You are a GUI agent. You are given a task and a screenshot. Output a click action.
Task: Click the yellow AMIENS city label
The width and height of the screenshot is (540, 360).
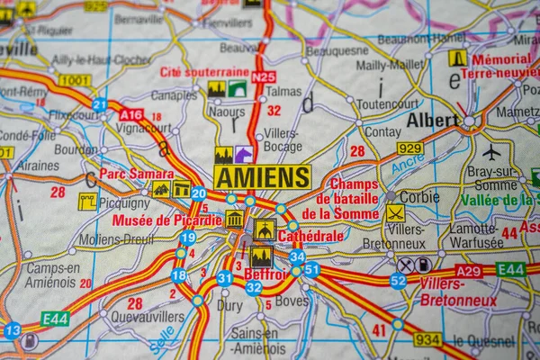[x=263, y=176]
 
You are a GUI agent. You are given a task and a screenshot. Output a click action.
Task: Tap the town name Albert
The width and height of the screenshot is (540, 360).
[x=432, y=120]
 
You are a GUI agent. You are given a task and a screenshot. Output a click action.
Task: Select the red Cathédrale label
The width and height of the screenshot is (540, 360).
[x=311, y=236]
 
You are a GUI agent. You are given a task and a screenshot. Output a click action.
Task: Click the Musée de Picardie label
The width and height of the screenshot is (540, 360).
[x=167, y=220]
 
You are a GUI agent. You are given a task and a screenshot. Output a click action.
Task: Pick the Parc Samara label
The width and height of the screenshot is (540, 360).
[x=137, y=174]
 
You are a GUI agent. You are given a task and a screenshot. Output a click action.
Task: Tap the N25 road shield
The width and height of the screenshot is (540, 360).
[x=263, y=77]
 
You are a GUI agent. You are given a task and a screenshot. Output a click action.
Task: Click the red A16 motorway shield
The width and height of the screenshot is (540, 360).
[x=130, y=114]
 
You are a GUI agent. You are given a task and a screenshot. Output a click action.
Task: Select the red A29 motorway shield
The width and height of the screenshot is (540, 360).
[x=468, y=270]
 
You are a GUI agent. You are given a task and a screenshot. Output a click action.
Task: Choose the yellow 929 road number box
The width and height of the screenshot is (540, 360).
[x=409, y=148]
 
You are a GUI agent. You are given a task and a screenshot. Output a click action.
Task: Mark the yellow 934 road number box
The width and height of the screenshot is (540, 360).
[x=427, y=339]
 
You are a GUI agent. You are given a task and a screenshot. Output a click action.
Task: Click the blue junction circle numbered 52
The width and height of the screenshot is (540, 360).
[x=398, y=281]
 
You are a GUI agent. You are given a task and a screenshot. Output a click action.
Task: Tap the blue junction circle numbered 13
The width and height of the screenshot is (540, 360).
[x=12, y=330]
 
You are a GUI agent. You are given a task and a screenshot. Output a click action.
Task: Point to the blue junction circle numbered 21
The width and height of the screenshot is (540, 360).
[x=99, y=104]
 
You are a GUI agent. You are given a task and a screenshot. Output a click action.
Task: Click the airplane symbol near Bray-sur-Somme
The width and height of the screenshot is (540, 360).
[x=490, y=151]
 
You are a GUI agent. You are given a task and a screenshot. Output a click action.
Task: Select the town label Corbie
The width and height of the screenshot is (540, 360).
[x=419, y=196]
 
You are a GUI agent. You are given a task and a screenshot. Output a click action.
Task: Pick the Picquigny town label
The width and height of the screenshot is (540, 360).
[x=124, y=203]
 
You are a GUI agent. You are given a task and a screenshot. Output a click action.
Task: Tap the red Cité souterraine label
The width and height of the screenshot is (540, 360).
[x=204, y=72]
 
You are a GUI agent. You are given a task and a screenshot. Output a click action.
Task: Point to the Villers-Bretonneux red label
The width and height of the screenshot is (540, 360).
[x=458, y=292]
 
